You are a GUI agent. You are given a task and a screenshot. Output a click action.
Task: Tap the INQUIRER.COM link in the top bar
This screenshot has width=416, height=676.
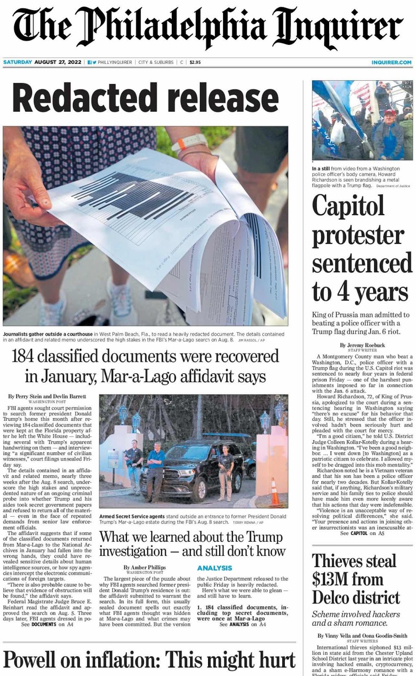click(391, 62)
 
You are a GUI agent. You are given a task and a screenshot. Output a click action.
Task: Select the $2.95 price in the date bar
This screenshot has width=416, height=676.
click(195, 62)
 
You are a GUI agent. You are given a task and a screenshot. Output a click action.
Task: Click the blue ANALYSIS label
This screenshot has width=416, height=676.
click(214, 568)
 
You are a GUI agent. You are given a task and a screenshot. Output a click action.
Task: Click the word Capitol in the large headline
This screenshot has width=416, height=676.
click(348, 206)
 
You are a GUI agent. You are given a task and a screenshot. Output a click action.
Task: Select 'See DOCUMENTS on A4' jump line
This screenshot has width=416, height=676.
click(47, 624)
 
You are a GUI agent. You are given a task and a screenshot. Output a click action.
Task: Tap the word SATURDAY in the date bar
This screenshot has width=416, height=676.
click(17, 62)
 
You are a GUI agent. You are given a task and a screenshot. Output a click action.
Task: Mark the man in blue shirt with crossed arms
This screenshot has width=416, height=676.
click(157, 464)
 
